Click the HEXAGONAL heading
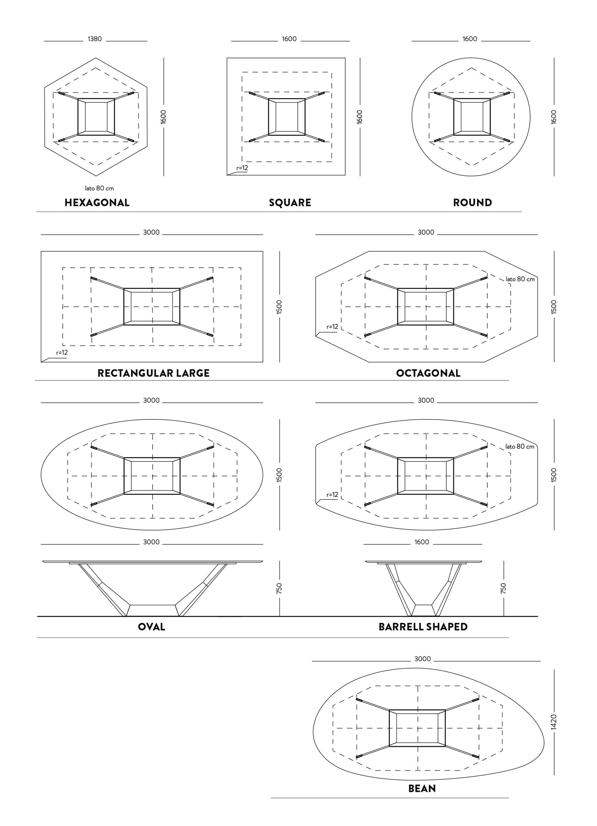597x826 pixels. tap(97, 203)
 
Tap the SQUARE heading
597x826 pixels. tap(290, 203)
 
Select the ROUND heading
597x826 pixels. tap(472, 203)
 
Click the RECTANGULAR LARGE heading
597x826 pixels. tap(153, 373)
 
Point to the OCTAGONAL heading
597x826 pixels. tap(428, 373)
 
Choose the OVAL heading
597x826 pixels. tap(151, 627)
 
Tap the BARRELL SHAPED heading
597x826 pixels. tap(423, 627)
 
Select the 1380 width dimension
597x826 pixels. tap(95, 39)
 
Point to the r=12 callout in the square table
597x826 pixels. tap(242, 168)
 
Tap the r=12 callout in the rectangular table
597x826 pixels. tap(62, 352)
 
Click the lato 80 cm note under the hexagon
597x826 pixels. tap(99, 188)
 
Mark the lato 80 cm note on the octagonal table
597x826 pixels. tap(520, 279)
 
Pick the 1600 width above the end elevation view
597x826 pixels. tap(422, 542)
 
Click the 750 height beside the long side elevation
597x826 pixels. tap(279, 588)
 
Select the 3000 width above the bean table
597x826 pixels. tap(422, 659)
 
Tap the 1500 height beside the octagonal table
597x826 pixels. tap(554, 306)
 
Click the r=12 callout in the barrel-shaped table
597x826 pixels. tap(332, 495)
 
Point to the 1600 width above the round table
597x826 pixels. tap(470, 39)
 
